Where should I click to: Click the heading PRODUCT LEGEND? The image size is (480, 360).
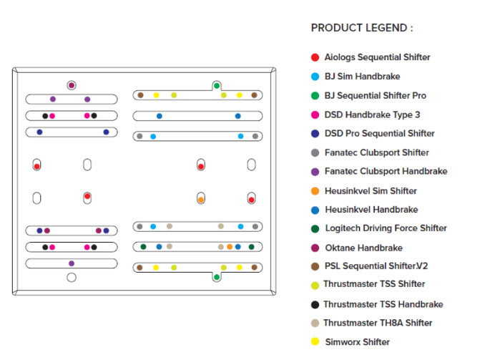point(361,28)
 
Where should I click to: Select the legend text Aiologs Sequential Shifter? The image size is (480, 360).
point(377,57)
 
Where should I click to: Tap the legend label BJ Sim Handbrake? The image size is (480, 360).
point(362,77)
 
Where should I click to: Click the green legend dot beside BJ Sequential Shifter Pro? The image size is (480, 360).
point(315,95)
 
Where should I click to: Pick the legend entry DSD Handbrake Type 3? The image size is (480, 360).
point(372,115)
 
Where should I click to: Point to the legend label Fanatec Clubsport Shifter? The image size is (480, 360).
point(376,152)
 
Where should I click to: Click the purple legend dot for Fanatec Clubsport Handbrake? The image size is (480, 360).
point(315,172)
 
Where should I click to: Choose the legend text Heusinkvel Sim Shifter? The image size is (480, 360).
point(371,191)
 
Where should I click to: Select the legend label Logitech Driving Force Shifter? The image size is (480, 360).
point(386,228)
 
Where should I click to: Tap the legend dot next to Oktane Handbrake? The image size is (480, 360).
point(315,248)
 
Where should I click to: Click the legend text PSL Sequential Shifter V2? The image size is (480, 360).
point(376,266)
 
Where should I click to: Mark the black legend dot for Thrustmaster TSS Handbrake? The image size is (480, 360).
point(315,304)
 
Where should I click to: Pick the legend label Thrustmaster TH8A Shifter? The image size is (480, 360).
point(377,323)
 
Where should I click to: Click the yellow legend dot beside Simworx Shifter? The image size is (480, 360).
point(315,342)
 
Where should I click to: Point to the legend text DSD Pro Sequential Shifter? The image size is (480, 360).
point(379,133)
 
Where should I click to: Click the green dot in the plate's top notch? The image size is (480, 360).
point(217,86)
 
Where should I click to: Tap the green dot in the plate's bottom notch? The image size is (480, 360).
point(217,277)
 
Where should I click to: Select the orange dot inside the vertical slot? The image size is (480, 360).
point(201,200)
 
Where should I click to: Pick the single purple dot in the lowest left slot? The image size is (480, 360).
point(72,263)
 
